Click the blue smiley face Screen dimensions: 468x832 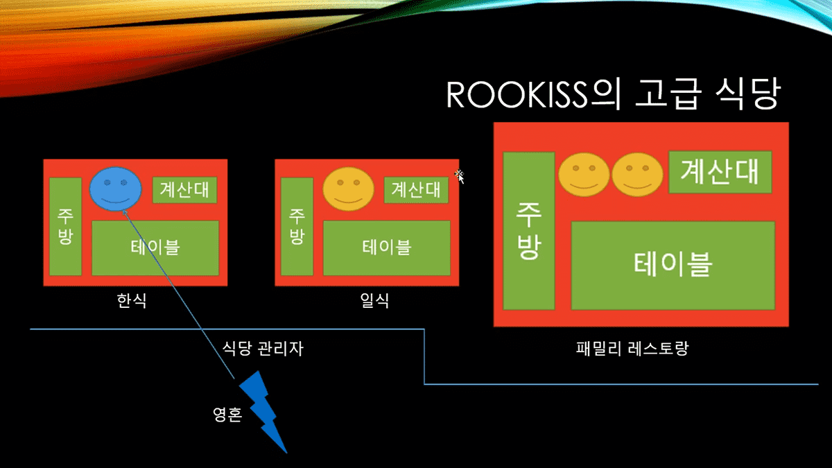coord(115,188)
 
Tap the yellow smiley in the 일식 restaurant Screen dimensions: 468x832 coord(349,189)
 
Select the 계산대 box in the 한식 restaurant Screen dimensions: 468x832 coord(184,189)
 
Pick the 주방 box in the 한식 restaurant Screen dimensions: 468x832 coord(65,226)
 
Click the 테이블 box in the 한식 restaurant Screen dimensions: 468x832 coord(155,248)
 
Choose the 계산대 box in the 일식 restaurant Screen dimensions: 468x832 coord(416,189)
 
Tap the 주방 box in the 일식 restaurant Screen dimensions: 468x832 coord(297,226)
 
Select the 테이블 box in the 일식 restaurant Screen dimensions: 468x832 coord(386,248)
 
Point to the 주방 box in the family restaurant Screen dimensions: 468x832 coord(528,231)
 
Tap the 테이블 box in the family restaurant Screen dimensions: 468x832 coord(672,265)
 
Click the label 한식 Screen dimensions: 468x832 coord(132,302)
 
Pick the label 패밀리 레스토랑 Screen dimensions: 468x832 coord(631,348)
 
